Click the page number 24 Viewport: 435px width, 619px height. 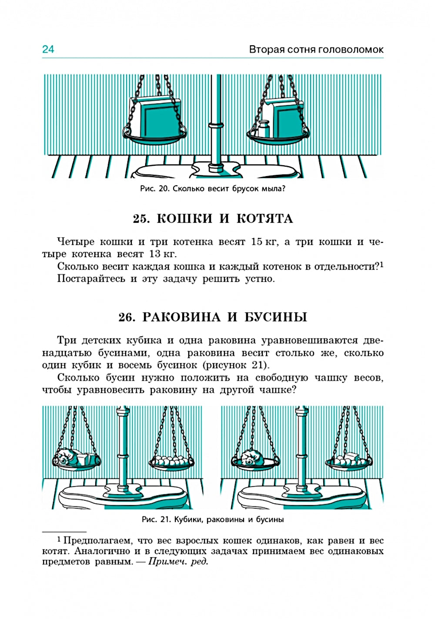pyautogui.click(x=48, y=49)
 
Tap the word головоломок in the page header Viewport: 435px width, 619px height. pyautogui.click(x=351, y=50)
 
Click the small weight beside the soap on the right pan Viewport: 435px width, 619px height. pyautogui.click(x=262, y=129)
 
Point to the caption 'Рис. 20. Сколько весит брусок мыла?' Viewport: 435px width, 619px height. pyautogui.click(x=213, y=189)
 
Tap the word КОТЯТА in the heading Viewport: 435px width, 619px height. pyautogui.click(x=264, y=218)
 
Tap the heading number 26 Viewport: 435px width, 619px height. pyautogui.click(x=127, y=317)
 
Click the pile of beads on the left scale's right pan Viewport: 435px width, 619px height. pyautogui.click(x=171, y=460)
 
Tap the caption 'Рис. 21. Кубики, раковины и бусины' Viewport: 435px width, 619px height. pyautogui.click(x=213, y=519)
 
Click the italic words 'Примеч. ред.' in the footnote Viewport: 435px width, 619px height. pyautogui.click(x=178, y=562)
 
